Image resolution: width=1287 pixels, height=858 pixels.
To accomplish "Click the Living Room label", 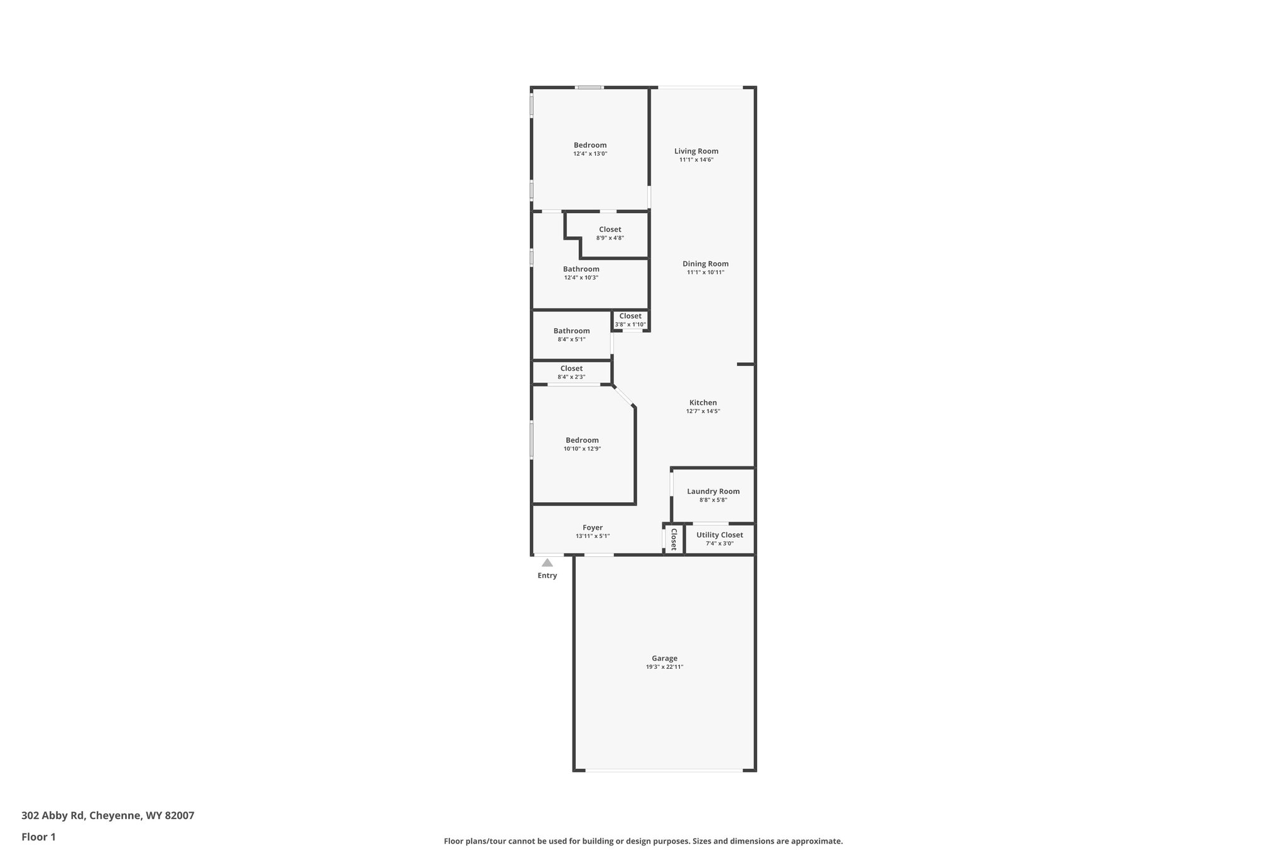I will pos(696,151).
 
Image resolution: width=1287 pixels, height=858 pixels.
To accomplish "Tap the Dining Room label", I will pos(705,264).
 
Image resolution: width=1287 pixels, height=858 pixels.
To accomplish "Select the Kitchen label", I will pos(703,403).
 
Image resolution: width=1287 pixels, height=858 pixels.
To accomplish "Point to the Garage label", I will pos(664,658).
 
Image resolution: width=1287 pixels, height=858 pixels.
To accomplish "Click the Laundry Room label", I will pos(713,492).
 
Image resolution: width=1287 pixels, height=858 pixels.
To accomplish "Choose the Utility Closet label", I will pos(720,535).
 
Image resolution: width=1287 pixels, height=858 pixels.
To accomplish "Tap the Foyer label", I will pos(593,528).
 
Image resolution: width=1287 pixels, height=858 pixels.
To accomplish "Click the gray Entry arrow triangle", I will pos(547,563).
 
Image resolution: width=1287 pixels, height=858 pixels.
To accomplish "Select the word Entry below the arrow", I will pos(547,576).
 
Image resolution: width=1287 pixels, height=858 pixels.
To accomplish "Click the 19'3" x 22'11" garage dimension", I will pos(664,667).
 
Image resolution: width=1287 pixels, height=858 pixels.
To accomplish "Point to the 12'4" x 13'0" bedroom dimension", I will pos(590,154).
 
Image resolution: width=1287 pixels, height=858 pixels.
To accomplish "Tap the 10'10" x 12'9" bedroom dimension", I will pos(582,449).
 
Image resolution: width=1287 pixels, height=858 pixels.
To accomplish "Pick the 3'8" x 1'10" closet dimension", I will pos(630,325).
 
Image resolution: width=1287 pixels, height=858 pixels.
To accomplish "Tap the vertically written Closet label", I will pos(674,539).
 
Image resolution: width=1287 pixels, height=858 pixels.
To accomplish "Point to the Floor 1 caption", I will pos(38,837).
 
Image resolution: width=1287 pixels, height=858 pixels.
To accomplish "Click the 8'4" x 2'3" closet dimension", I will pos(571,377).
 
